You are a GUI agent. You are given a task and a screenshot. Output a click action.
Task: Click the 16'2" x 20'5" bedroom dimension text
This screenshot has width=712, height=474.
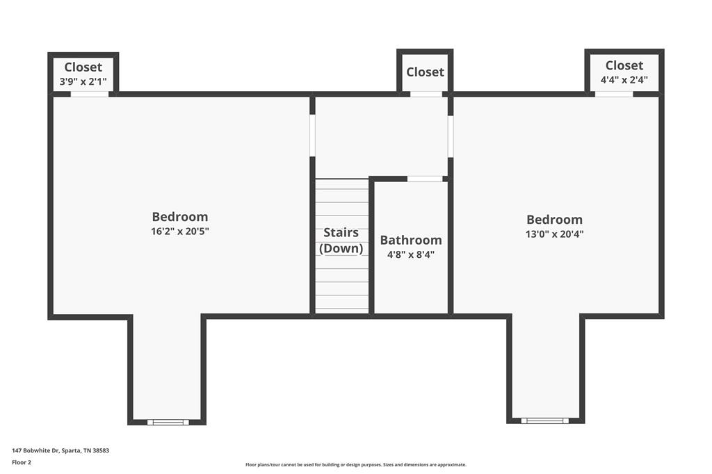(179, 231)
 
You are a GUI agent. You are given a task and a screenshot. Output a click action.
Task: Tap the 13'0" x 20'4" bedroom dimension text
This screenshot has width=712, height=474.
(554, 234)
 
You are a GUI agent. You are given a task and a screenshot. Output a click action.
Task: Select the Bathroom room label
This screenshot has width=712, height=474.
(410, 240)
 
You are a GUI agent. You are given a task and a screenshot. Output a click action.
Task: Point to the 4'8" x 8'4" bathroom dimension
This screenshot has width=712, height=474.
(410, 254)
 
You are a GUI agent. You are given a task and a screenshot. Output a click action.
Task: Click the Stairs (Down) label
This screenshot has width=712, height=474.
(341, 240)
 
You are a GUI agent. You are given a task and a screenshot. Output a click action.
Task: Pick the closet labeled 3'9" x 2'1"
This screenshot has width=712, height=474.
(83, 73)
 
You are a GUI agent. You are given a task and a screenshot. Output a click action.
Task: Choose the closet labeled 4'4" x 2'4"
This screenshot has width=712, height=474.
(624, 72)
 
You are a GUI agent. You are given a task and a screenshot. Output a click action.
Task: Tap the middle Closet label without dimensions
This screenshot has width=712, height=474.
(425, 72)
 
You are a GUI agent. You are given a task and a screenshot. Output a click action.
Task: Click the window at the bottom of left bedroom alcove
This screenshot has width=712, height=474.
(168, 422)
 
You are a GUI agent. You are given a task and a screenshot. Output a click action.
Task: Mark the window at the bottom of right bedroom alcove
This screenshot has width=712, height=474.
(544, 420)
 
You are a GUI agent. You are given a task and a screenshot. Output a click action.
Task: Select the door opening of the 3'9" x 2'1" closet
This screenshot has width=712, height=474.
(89, 94)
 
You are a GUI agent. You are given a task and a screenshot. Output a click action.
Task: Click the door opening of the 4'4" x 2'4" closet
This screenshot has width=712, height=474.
(614, 94)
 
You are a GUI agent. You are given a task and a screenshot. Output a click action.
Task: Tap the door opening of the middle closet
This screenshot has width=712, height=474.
(426, 94)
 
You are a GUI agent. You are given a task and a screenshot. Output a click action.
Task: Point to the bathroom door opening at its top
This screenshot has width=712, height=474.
(425, 179)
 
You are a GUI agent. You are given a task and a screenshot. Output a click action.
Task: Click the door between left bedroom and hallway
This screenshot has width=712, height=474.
(312, 136)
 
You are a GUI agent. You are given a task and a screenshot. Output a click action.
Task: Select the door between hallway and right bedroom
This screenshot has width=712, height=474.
(451, 136)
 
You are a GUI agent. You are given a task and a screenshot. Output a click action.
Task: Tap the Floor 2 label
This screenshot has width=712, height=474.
(22, 462)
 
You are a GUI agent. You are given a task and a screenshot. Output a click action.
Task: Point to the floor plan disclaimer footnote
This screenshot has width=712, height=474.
(355, 464)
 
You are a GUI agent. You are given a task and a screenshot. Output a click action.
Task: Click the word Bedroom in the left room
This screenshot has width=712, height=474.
(179, 216)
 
